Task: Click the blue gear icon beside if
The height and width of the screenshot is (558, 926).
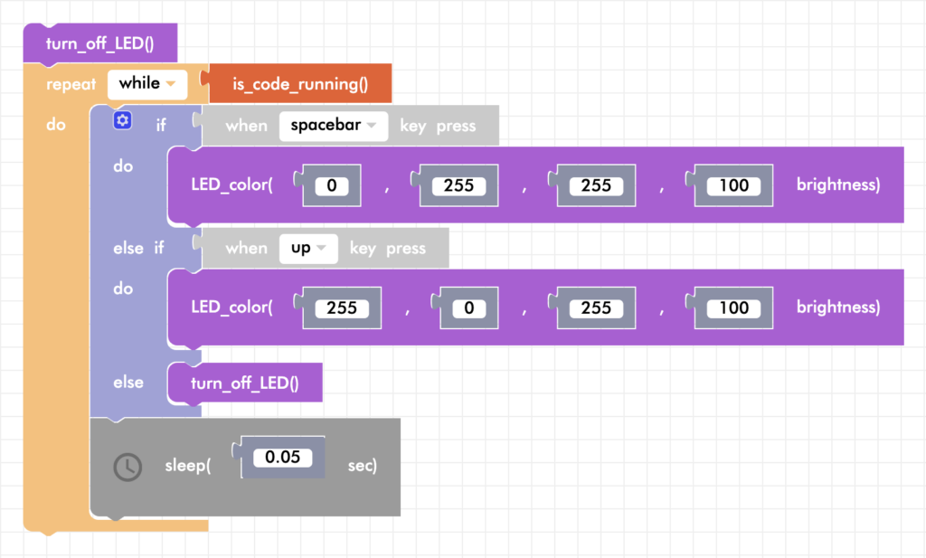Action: [123, 120]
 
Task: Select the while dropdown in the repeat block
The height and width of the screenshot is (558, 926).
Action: [146, 84]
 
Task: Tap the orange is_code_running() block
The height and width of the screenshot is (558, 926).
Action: [300, 85]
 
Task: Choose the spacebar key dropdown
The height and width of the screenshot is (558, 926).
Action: [333, 125]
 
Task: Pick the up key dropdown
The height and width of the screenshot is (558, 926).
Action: [308, 248]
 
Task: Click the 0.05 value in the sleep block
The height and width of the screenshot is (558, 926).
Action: [278, 457]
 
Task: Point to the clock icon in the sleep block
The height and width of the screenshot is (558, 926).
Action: [128, 467]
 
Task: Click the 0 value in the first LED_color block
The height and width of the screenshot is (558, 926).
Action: [331, 185]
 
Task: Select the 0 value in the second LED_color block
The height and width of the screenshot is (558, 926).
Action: [468, 308]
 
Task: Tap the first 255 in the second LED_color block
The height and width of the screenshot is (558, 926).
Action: [342, 308]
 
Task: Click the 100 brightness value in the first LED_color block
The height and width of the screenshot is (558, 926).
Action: [733, 185]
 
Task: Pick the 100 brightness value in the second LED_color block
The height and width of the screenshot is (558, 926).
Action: [733, 308]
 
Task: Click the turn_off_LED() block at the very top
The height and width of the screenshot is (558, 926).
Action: [99, 43]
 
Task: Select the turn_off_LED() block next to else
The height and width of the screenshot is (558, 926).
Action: [244, 383]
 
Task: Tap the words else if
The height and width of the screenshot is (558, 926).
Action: [138, 248]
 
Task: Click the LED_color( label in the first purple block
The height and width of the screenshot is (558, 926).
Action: [231, 184]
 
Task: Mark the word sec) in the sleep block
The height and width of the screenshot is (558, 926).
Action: [363, 466]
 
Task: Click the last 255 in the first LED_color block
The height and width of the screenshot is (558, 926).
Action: [596, 185]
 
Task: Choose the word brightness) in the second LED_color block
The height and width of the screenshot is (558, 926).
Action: [837, 307]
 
